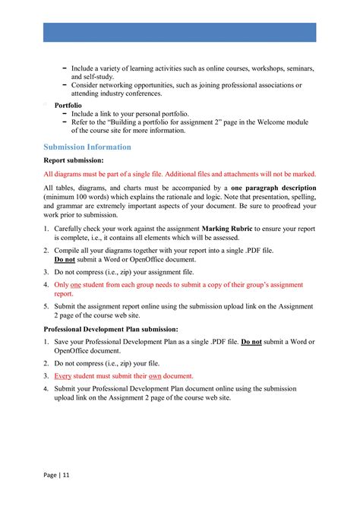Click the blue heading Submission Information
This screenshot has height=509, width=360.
pyautogui.click(x=87, y=147)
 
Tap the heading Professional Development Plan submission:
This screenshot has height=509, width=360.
pyautogui.click(x=111, y=329)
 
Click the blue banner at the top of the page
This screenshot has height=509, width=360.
pyautogui.click(x=179, y=32)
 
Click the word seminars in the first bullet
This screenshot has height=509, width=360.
pyautogui.click(x=299, y=68)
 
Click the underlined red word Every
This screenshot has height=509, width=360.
pyautogui.click(x=63, y=375)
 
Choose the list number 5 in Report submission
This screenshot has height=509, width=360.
pyautogui.click(x=46, y=307)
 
